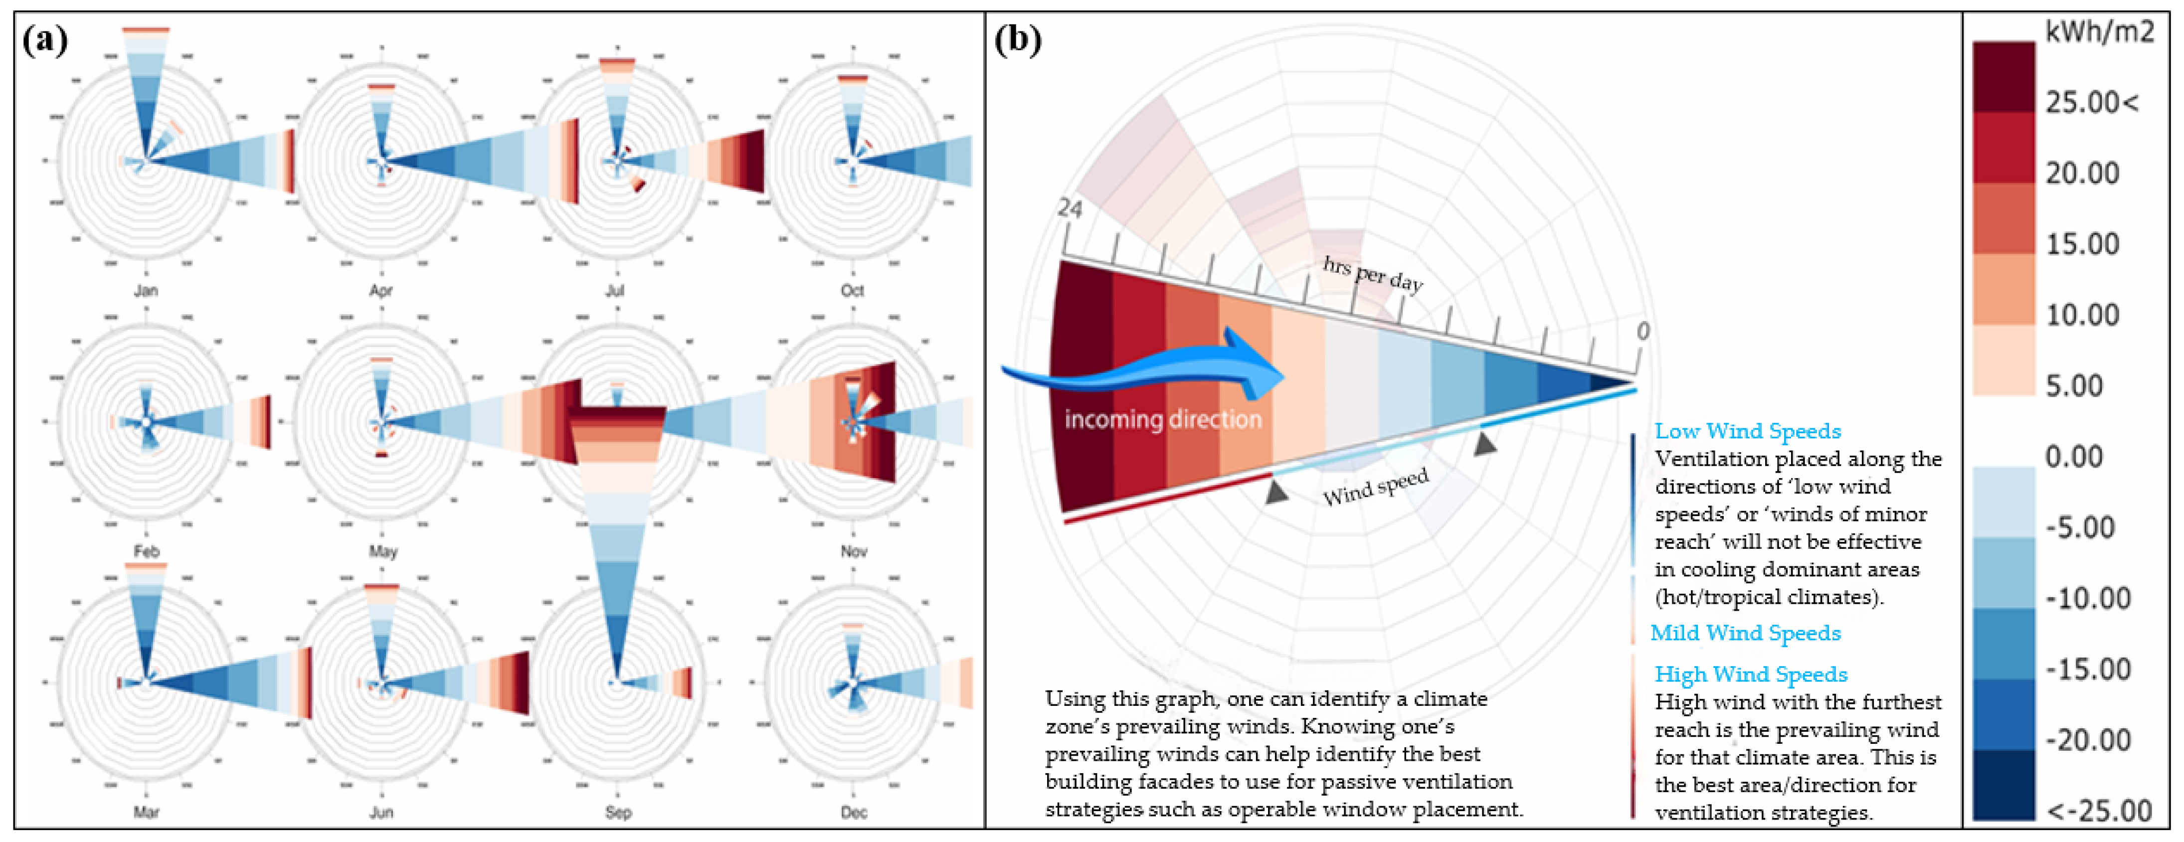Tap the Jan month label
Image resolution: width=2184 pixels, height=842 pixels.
click(146, 290)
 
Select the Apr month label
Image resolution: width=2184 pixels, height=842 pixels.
click(380, 290)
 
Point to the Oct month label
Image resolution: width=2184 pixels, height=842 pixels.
click(852, 290)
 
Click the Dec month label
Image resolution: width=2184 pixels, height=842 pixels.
click(853, 812)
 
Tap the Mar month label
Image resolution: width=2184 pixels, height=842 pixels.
click(146, 812)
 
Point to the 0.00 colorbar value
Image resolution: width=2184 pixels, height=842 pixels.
click(2074, 457)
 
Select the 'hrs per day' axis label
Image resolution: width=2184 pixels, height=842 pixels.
click(1372, 273)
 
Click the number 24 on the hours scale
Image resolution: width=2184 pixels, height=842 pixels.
click(1070, 208)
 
